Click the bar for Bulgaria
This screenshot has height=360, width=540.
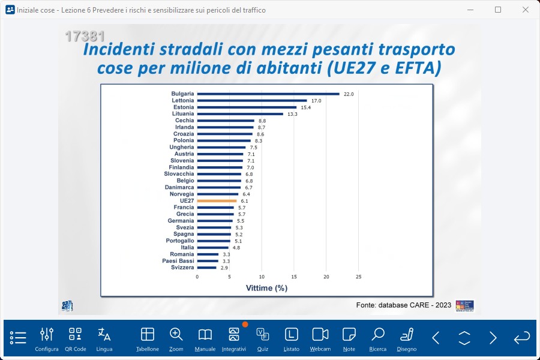pyautogui.click(x=268, y=94)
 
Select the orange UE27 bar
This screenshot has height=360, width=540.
pyautogui.click(x=217, y=201)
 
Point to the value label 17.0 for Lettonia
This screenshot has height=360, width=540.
pyautogui.click(x=316, y=101)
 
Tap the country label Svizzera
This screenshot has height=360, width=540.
pyautogui.click(x=182, y=268)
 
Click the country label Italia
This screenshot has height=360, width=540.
pyautogui.click(x=187, y=247)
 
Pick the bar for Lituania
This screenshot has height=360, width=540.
pyautogui.click(x=240, y=114)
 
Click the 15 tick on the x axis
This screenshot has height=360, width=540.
pyautogui.click(x=294, y=277)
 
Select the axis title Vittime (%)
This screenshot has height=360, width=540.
pyautogui.click(x=266, y=288)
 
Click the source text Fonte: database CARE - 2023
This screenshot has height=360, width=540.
pyautogui.click(x=403, y=305)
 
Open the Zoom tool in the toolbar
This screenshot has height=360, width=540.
pyautogui.click(x=176, y=340)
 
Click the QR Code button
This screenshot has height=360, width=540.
pyautogui.click(x=75, y=340)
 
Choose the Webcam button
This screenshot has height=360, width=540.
pyautogui.click(x=320, y=340)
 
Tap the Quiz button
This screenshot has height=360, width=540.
pyautogui.click(x=262, y=340)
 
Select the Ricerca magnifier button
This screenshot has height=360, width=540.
pyautogui.click(x=378, y=340)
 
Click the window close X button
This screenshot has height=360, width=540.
pyautogui.click(x=525, y=10)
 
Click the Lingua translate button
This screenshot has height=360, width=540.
pyautogui.click(x=104, y=340)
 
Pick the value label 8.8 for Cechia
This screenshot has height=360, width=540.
pyautogui.click(x=262, y=121)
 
